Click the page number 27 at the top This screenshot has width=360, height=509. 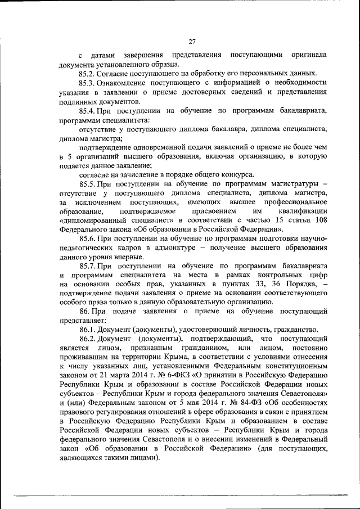(x=191, y=40)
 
